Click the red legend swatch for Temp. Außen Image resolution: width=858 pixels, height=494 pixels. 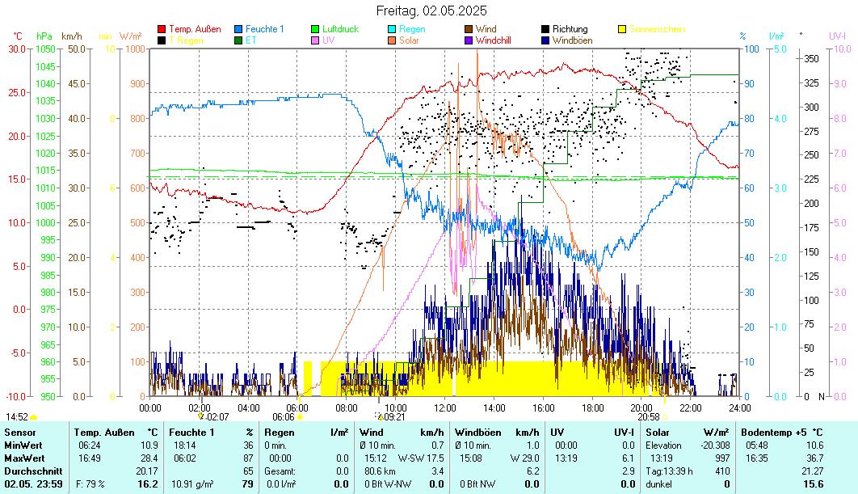click(162, 29)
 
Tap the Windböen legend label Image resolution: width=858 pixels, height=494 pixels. click(571, 40)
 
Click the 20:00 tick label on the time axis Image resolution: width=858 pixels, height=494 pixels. click(642, 407)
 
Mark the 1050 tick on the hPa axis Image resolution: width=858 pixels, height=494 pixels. click(45, 49)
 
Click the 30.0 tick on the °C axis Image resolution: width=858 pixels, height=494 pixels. click(17, 49)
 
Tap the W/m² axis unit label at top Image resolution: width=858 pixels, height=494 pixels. click(130, 36)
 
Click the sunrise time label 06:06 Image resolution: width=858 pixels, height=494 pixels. click(283, 417)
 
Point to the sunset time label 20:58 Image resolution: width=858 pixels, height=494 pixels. click(649, 417)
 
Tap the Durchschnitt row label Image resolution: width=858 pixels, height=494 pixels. click(28, 471)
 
